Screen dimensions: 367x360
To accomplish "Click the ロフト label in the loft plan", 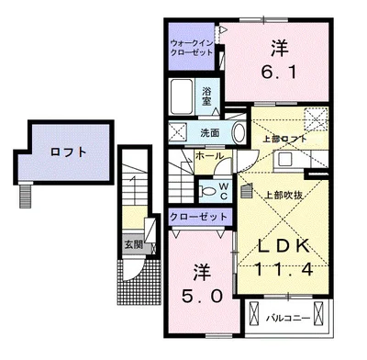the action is [x=69, y=152].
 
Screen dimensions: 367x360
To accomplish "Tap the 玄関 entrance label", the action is [x=134, y=244].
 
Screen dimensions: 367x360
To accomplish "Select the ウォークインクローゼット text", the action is [x=192, y=48].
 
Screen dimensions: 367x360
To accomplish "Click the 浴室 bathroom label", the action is [x=206, y=96].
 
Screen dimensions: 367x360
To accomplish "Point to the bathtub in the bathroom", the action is [x=182, y=96].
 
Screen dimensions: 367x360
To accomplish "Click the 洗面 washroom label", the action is [x=210, y=132].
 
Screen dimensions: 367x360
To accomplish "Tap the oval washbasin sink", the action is [x=239, y=132].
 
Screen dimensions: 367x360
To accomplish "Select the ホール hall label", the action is [x=209, y=156].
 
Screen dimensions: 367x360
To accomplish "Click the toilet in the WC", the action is [x=208, y=191].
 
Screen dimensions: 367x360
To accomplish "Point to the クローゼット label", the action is [x=198, y=217].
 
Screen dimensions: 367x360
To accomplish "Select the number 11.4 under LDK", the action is [x=284, y=269].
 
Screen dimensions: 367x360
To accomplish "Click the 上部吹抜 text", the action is [x=284, y=195].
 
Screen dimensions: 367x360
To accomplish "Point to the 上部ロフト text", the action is [x=284, y=139].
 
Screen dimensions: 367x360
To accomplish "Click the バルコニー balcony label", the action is [x=288, y=318].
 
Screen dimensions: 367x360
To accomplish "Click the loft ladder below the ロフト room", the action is [x=26, y=196].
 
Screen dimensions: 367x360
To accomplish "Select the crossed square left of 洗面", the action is [x=178, y=132].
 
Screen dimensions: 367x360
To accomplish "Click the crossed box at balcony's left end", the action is [x=254, y=314].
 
